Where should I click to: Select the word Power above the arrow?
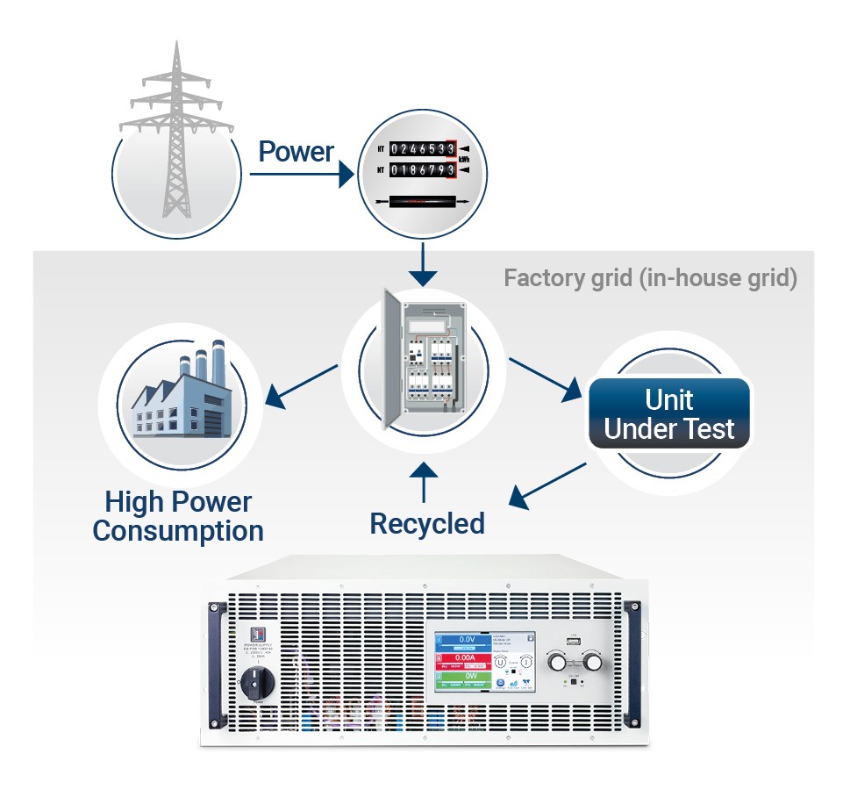(296, 151)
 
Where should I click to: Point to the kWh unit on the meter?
(465, 160)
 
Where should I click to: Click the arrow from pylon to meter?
(299, 175)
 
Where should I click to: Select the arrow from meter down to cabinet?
(424, 263)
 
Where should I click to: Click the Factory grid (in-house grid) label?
(650, 279)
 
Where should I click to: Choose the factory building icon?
(178, 394)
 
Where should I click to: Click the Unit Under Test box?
(669, 413)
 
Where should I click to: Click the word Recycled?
(426, 523)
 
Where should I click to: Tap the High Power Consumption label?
(178, 516)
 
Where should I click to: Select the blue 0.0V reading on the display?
(466, 640)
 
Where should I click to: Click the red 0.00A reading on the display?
(466, 658)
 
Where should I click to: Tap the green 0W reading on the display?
(466, 678)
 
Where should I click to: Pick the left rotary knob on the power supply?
(559, 661)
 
